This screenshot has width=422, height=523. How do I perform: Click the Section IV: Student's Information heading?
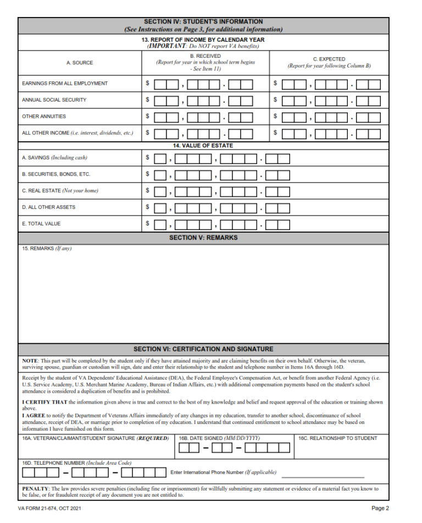[x=203, y=22]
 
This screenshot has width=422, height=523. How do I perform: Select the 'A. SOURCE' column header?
[x=80, y=63]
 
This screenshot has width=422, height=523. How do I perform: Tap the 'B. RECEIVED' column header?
[x=206, y=56]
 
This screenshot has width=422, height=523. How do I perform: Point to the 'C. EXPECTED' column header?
[x=329, y=59]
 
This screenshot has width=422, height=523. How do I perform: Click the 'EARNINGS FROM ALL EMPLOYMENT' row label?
[x=65, y=84]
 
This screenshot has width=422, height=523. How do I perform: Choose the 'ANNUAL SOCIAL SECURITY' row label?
[x=54, y=100]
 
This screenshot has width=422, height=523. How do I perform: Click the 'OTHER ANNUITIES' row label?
[x=44, y=117]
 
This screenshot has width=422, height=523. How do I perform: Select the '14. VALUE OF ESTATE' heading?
[x=203, y=145]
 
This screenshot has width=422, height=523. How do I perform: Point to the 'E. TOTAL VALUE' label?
[x=41, y=224]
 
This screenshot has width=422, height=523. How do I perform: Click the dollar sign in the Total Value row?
[x=147, y=223]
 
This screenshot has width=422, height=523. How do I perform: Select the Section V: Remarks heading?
[x=203, y=238]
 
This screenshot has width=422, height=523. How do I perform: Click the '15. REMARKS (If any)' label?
[x=47, y=249]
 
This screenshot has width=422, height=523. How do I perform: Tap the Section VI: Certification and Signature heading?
[x=203, y=349]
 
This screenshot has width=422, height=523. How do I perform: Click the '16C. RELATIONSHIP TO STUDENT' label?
[x=338, y=438]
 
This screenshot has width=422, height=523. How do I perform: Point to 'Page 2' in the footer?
[x=380, y=508]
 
